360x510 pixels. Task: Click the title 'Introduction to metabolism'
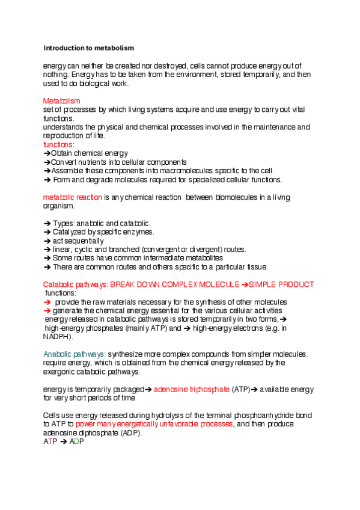[x=88, y=48]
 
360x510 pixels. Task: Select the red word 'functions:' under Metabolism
[x=59, y=145]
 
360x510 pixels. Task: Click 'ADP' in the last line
[x=76, y=441]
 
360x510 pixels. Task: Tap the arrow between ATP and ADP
[x=63, y=441]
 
